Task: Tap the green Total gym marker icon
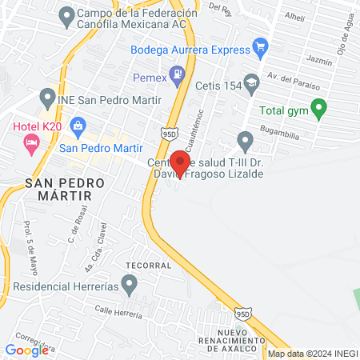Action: click(318, 107)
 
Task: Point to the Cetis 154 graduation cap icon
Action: click(252, 82)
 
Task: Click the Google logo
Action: click(26, 350)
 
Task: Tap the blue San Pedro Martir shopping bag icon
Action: click(78, 124)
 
